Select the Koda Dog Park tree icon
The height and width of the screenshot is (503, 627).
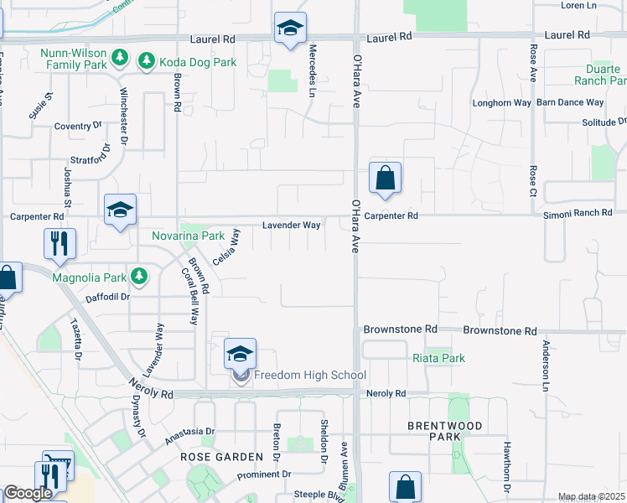(147, 60)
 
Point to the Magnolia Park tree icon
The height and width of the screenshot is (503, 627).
(140, 276)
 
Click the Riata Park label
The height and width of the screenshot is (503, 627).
(438, 358)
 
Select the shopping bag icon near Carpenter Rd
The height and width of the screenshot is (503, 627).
(385, 178)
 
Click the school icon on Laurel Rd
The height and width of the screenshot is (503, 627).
(290, 29)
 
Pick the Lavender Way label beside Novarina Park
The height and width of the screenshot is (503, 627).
(291, 226)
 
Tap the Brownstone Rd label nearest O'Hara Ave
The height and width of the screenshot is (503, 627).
(400, 329)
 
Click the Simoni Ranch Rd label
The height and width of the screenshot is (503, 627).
(578, 214)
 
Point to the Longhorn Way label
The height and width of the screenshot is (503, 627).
(502, 103)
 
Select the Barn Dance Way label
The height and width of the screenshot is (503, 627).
(570, 103)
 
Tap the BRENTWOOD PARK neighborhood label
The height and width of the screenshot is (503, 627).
(445, 431)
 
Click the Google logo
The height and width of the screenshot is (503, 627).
(28, 493)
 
